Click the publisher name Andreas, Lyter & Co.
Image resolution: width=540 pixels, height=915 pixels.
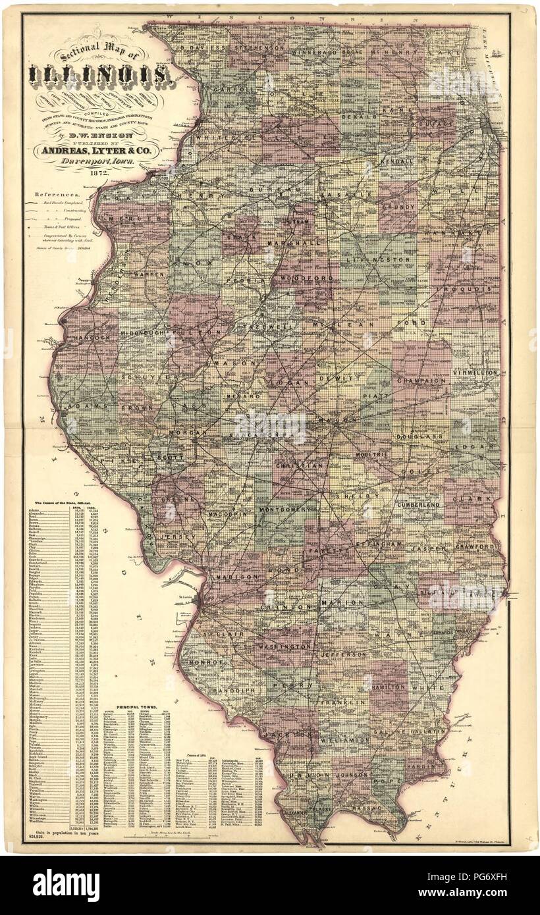click(x=99, y=147)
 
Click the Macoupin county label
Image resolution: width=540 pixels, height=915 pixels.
click(x=228, y=513)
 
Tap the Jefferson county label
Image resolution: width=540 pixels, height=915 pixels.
click(x=344, y=655)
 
